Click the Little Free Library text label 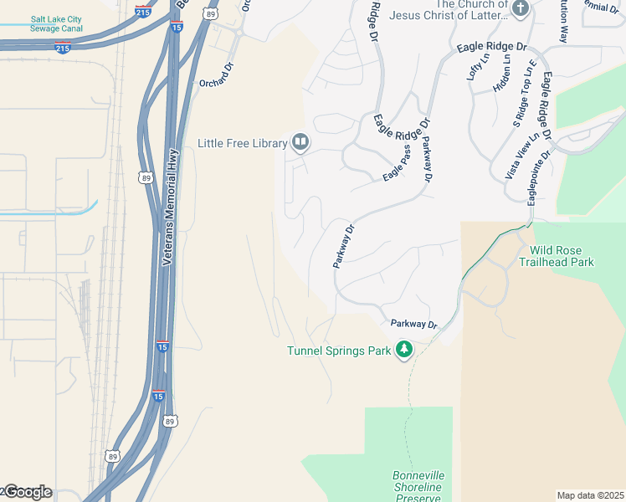(242, 143)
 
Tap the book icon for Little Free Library (300, 143)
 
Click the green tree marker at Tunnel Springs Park (404, 349)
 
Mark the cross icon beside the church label (520, 9)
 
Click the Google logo (27, 492)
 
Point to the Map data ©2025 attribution (589, 495)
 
